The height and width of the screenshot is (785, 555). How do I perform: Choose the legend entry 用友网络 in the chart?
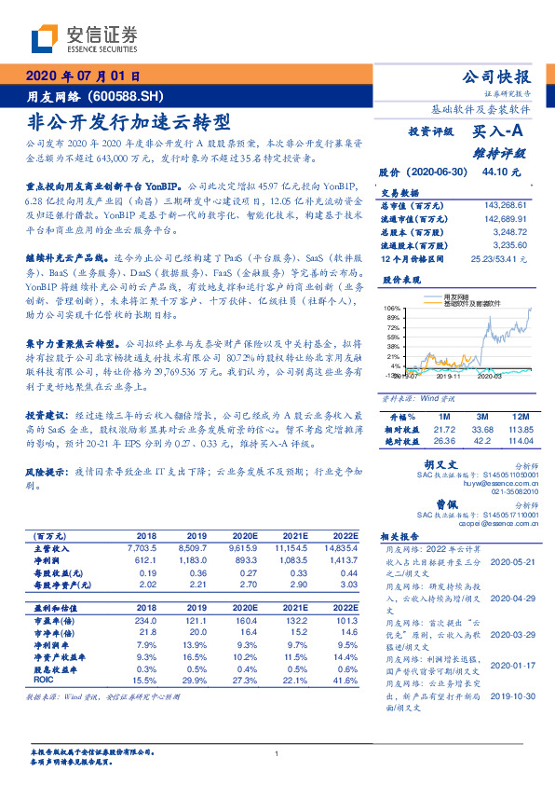pos(459,297)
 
